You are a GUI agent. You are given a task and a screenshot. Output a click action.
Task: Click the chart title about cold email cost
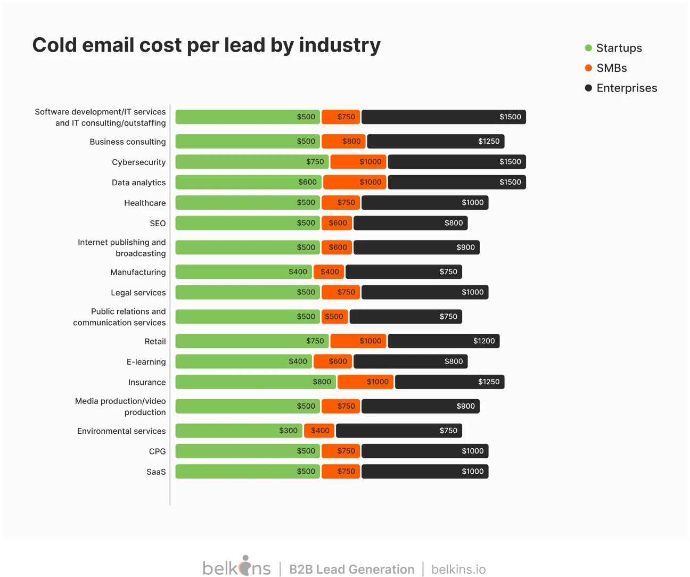[x=207, y=45]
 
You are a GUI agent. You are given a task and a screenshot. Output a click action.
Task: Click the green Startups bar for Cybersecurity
[x=252, y=162]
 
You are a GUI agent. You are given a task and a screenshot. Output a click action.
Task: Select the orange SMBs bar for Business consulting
[x=343, y=142]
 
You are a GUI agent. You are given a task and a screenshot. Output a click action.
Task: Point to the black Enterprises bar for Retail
[x=443, y=341]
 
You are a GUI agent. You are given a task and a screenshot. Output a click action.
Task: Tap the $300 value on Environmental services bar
[x=288, y=431]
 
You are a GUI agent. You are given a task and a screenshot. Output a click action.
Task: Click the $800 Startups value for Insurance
[x=322, y=382]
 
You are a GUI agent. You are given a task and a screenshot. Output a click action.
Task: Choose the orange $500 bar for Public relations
[x=334, y=317]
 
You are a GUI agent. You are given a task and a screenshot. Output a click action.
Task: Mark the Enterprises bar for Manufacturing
[x=404, y=272]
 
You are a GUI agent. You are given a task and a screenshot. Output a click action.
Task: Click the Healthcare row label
[x=145, y=203]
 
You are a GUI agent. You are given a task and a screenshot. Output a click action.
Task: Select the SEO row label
[x=158, y=224]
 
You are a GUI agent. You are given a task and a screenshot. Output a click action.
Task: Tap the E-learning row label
[x=146, y=362]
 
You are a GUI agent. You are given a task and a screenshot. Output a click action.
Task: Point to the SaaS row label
[x=156, y=472]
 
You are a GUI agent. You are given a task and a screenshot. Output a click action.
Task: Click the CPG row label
[x=157, y=451]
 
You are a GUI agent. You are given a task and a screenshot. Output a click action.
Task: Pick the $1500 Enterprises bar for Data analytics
[x=457, y=182]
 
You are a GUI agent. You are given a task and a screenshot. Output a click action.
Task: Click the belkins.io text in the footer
[x=458, y=569]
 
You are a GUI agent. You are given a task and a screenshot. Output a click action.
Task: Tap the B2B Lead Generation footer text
[x=351, y=569]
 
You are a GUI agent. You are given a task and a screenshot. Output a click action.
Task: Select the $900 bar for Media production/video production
[x=421, y=406]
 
